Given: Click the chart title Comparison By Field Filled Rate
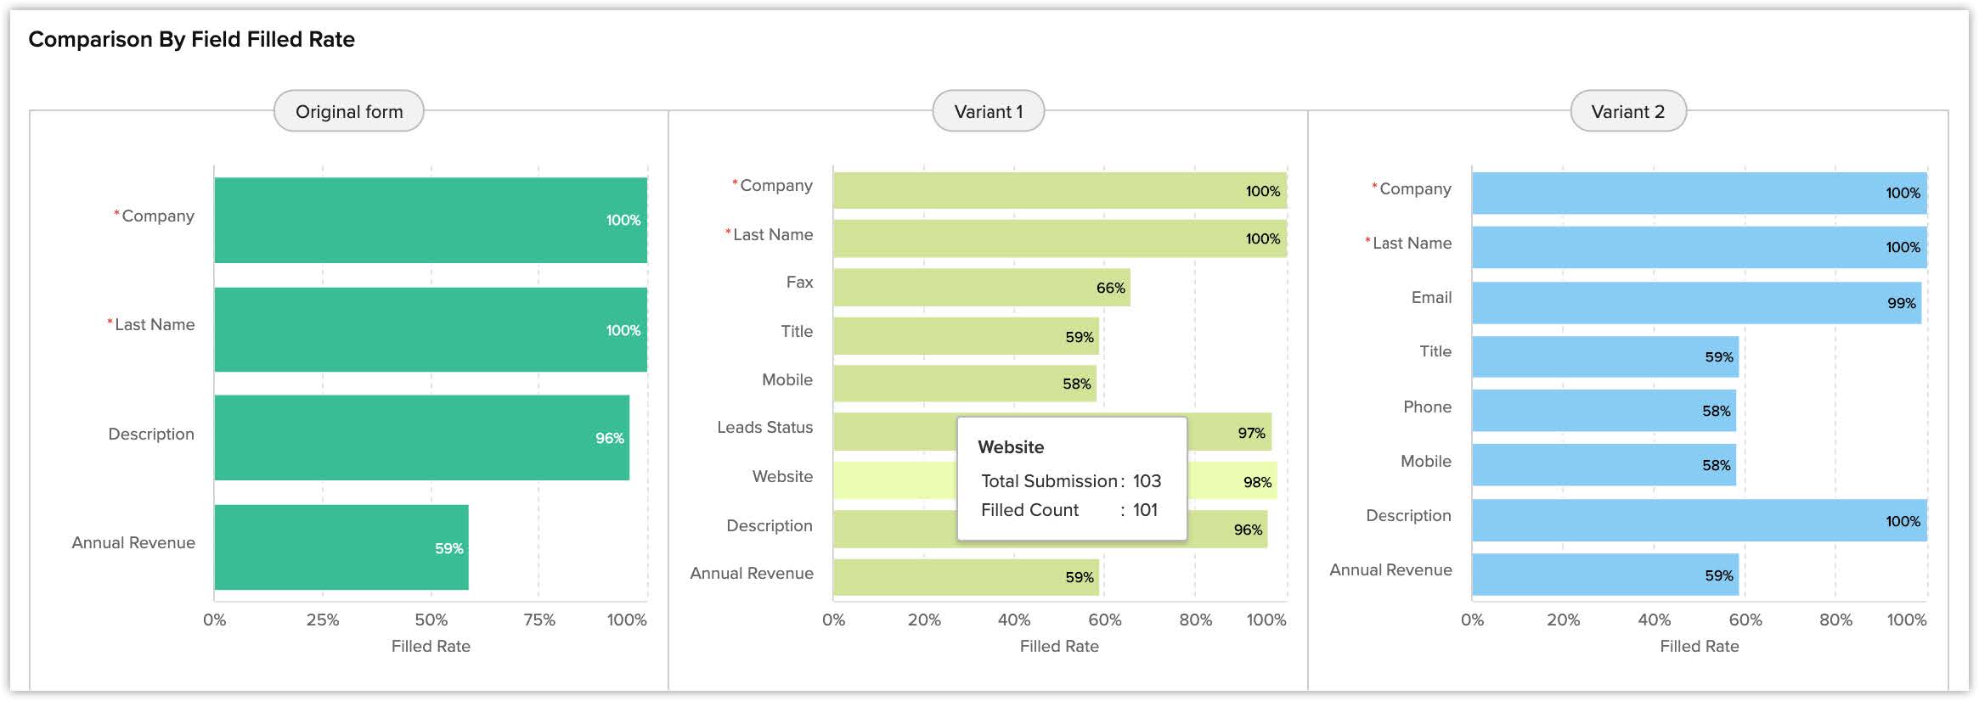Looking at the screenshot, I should pyautogui.click(x=191, y=39).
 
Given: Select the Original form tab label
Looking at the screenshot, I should pyautogui.click(x=349, y=111).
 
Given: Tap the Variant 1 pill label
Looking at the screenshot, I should pyautogui.click(x=988, y=111).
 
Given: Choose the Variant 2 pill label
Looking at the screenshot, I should pyautogui.click(x=1627, y=111).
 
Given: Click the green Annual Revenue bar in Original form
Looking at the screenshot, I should pyautogui.click(x=341, y=547).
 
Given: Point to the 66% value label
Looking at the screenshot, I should pyautogui.click(x=1110, y=288).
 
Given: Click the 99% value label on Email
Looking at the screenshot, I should pyautogui.click(x=1901, y=303).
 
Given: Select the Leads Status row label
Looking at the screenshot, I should pyautogui.click(x=764, y=428).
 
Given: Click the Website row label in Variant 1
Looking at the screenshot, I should pyautogui.click(x=782, y=477).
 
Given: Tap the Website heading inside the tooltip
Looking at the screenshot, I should pyautogui.click(x=1011, y=447).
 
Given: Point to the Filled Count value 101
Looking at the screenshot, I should pyautogui.click(x=1145, y=510).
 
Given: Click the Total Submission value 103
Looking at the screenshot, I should pyautogui.click(x=1147, y=481).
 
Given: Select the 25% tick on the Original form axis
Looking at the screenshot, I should pyautogui.click(x=323, y=620).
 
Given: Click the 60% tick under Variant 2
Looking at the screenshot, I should pyautogui.click(x=1745, y=620).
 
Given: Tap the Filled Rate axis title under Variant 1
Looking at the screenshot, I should pyautogui.click(x=1059, y=647).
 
